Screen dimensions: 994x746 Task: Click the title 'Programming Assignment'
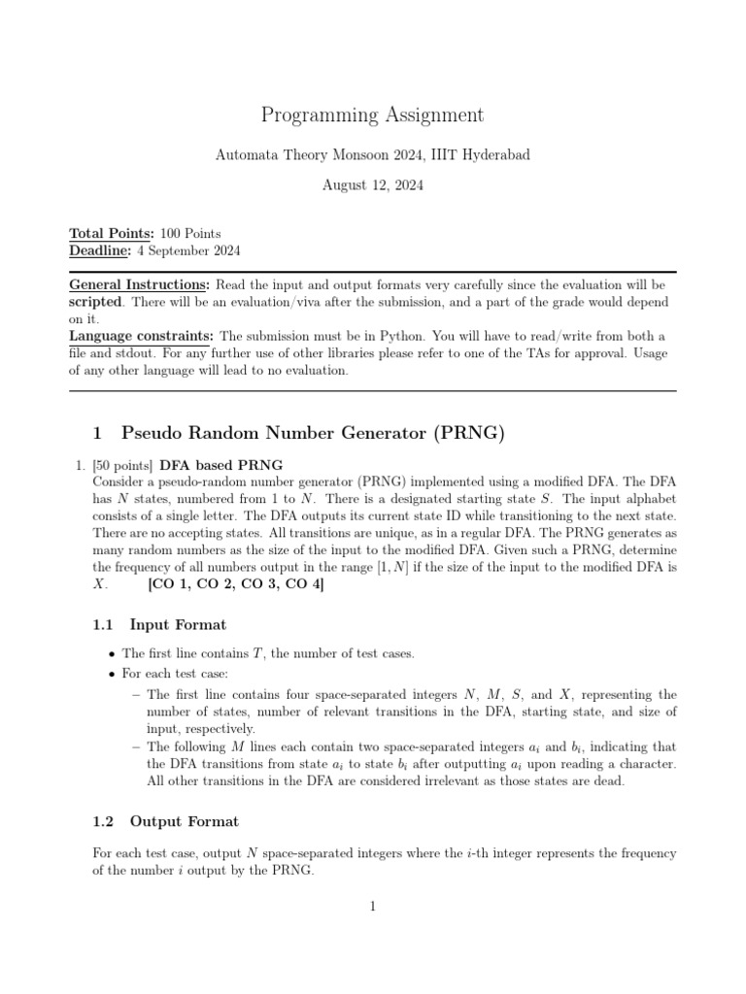pos(372,116)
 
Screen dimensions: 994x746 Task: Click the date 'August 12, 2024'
pos(372,184)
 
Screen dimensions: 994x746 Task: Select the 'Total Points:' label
pos(110,234)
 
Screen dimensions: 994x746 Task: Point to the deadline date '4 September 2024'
pos(189,251)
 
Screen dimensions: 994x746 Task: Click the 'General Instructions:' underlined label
pos(139,285)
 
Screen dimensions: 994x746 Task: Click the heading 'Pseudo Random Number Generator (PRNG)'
pos(312,434)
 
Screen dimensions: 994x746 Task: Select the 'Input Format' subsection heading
pos(178,624)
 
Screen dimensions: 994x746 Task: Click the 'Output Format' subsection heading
pos(184,821)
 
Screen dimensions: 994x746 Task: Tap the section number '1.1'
pos(103,624)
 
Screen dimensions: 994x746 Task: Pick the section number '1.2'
pos(103,821)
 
